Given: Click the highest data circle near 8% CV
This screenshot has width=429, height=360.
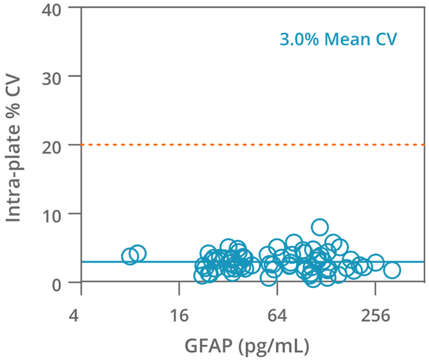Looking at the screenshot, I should pos(319,228).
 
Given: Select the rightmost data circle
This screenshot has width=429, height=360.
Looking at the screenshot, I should pos(392,270).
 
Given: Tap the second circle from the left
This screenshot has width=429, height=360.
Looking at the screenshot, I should pos(138,254).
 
